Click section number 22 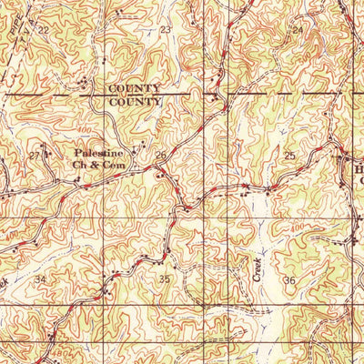43,30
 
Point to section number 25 289,157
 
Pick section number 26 160,157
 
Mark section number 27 35,156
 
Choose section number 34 40,279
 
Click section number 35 165,279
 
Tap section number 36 289,279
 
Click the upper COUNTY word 134,88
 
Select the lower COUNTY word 134,102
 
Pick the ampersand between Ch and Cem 96,166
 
